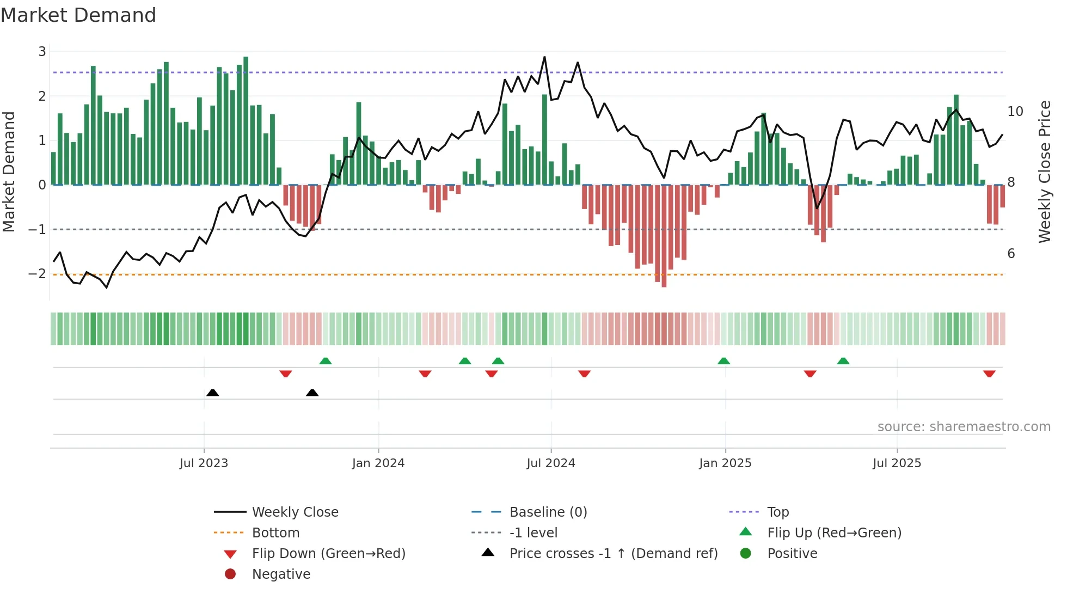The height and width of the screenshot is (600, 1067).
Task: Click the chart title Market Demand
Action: pyautogui.click(x=78, y=15)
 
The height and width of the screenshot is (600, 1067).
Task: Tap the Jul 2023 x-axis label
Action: pyautogui.click(x=204, y=463)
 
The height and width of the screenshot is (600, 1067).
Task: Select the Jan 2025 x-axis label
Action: pyautogui.click(x=725, y=463)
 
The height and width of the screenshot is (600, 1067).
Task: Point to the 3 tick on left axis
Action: pyautogui.click(x=42, y=52)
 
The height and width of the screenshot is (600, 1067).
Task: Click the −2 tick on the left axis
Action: pyautogui.click(x=38, y=274)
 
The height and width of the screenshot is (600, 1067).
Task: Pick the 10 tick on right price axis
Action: pyautogui.click(x=1015, y=112)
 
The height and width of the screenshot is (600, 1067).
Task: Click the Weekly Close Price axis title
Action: pyautogui.click(x=1045, y=172)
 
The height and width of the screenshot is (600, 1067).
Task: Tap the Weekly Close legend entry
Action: pyautogui.click(x=295, y=512)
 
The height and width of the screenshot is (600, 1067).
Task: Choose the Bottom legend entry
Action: pyautogui.click(x=275, y=533)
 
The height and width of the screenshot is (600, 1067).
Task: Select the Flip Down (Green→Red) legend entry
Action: pyautogui.click(x=328, y=554)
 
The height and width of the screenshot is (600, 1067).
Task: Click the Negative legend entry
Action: pyautogui.click(x=281, y=574)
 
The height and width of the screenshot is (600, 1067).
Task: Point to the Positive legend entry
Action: pyautogui.click(x=792, y=554)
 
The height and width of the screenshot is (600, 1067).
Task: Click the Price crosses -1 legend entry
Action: pyautogui.click(x=613, y=554)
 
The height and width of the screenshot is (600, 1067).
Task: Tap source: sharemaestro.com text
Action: pyautogui.click(x=964, y=427)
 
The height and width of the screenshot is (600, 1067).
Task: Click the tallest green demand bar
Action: pyautogui.click(x=246, y=120)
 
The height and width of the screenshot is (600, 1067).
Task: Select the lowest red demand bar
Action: pyautogui.click(x=664, y=235)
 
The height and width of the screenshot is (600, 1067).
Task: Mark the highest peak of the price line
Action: pyautogui.click(x=544, y=57)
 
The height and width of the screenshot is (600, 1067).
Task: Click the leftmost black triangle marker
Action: pyautogui.click(x=213, y=393)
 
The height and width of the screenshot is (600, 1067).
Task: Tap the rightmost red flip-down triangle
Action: pyautogui.click(x=989, y=374)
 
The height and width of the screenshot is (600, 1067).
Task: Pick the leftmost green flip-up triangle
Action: pyautogui.click(x=326, y=361)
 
